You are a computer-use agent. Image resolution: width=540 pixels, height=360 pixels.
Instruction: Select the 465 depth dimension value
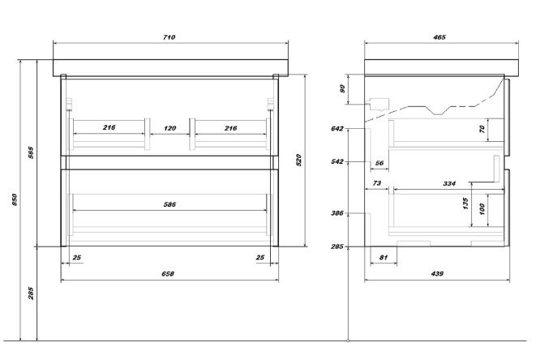click(438, 37)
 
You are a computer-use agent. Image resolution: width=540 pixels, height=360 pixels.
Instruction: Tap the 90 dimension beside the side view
click(343, 90)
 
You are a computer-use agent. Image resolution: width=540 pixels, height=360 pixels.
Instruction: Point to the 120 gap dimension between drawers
click(169, 129)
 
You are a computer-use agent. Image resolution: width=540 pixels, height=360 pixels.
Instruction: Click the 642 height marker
click(338, 129)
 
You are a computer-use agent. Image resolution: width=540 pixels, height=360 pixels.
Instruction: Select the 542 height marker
click(338, 162)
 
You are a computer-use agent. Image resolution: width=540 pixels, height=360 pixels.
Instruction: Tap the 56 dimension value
click(379, 162)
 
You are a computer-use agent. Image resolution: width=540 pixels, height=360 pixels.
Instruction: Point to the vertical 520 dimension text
click(298, 161)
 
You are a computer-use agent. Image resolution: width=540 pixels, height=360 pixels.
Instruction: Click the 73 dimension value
click(376, 184)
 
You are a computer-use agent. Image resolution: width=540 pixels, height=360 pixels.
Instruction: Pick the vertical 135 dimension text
click(467, 203)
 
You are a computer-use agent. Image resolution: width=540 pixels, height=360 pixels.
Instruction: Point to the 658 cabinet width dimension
click(169, 274)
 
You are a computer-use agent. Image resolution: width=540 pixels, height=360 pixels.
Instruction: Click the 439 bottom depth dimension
click(438, 274)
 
